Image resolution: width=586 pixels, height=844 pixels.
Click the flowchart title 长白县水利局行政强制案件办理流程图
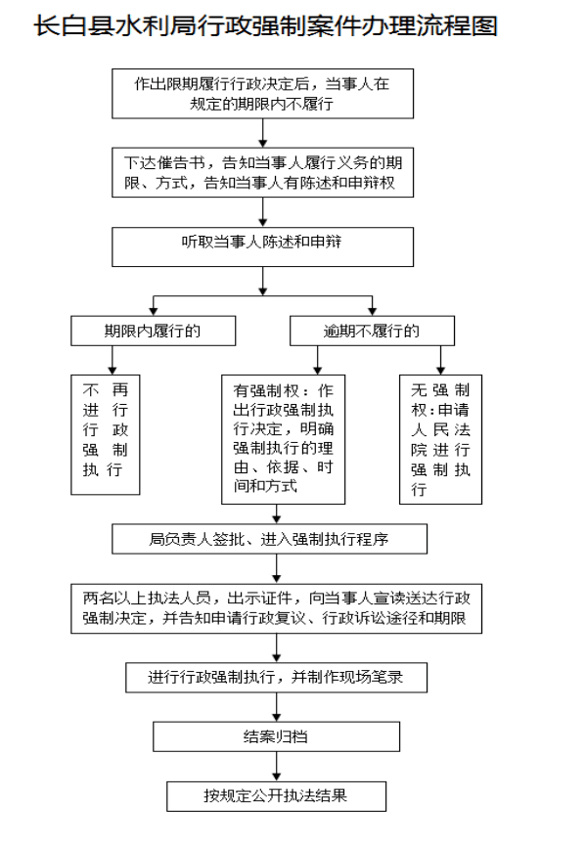265,25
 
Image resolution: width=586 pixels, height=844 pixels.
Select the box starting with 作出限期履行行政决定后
262,94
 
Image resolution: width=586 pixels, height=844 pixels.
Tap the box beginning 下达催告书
262,172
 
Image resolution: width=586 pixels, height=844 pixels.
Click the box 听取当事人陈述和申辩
262,247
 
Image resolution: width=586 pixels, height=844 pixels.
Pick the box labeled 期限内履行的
153,331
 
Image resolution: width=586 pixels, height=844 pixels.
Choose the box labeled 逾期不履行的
372,331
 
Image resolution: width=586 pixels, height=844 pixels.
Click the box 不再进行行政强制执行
105,434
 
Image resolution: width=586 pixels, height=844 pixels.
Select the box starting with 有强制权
284,439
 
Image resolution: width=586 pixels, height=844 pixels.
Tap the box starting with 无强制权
440,439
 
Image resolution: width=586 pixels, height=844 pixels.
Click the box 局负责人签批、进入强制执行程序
269,539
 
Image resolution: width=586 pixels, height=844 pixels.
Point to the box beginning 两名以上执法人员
276,608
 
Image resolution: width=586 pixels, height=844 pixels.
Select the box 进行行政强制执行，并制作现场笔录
276,677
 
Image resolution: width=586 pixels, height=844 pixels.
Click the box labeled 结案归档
276,736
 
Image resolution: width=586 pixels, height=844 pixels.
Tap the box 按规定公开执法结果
276,796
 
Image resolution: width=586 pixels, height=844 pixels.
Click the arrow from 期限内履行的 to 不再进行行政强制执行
113,360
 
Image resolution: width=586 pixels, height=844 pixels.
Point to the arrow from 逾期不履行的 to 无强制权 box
440,360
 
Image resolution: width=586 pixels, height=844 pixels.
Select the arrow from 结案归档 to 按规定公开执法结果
276,766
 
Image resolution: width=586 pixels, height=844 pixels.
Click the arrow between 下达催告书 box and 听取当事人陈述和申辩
262,212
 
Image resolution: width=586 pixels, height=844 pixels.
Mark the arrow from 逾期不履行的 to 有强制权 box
317,360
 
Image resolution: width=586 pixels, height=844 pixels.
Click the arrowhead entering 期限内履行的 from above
153,311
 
